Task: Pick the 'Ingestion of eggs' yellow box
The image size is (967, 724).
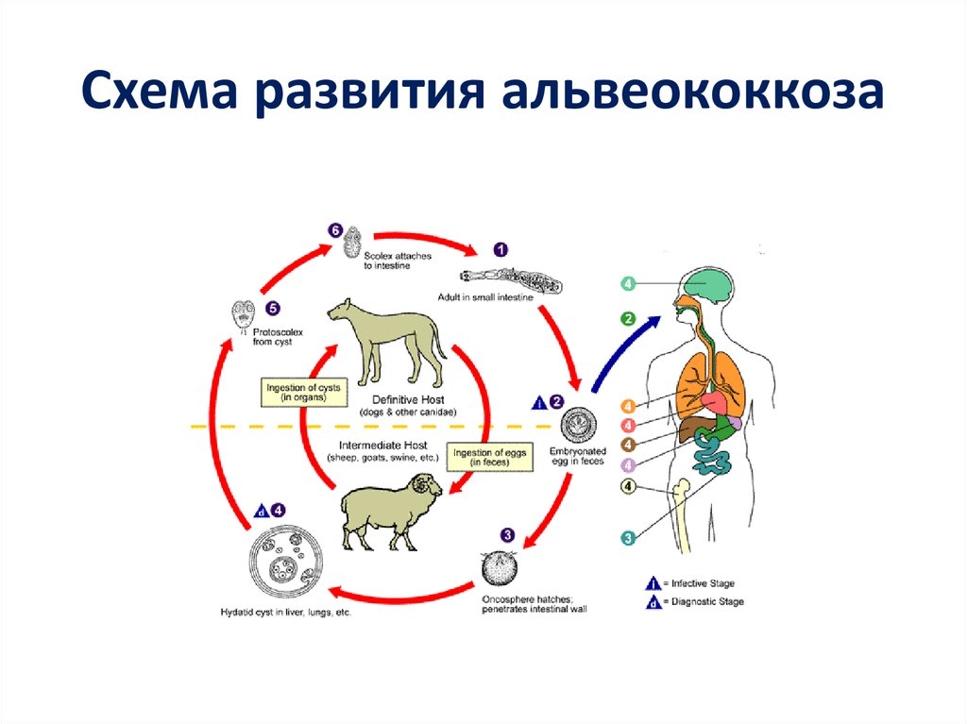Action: pos(488,458)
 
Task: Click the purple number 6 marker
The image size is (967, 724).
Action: pos(334,229)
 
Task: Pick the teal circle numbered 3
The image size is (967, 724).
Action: pos(627,538)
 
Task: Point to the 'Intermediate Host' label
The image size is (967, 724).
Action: pos(383,445)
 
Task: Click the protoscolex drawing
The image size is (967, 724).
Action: pos(245,316)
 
